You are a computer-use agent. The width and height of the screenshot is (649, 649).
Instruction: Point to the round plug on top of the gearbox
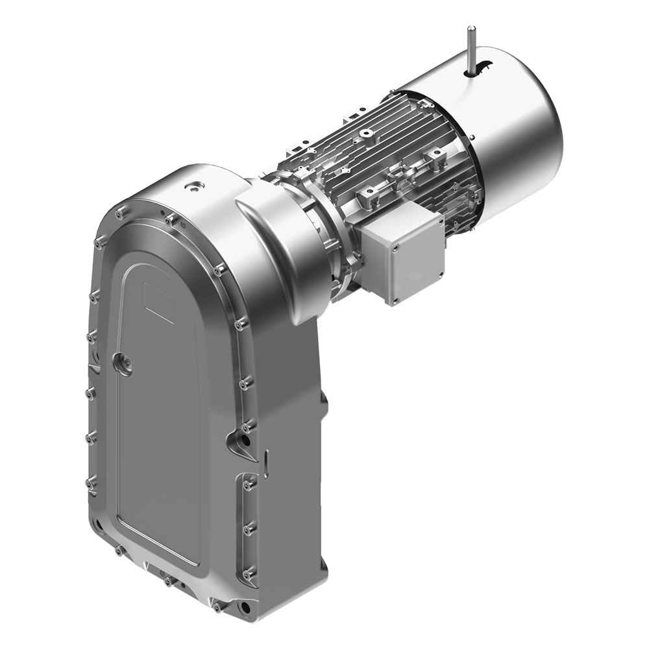193,188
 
